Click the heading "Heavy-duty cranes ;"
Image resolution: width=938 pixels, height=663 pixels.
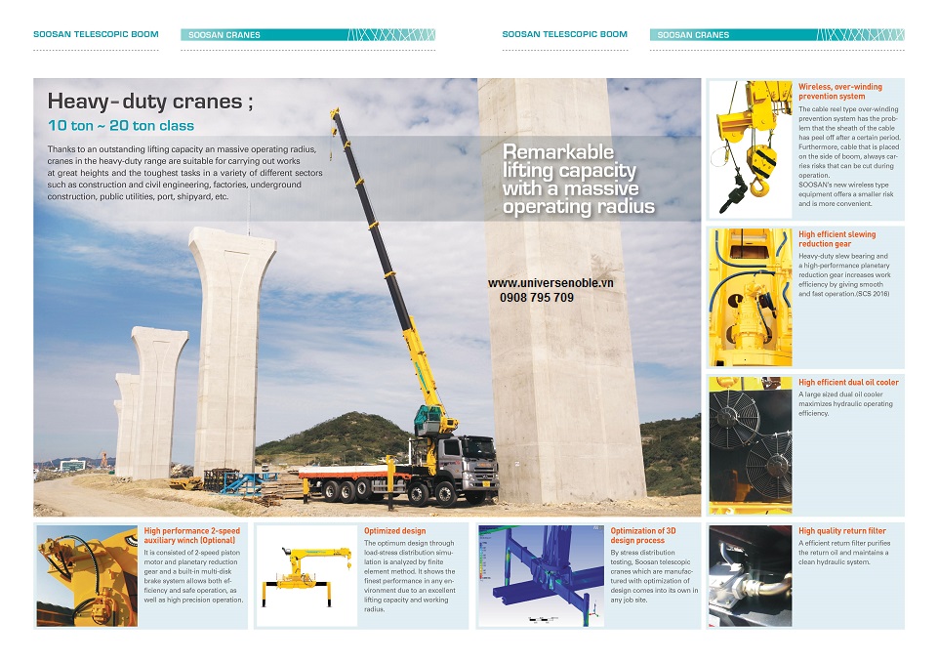point(144,102)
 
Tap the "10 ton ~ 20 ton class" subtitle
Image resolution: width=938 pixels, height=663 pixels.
point(121,126)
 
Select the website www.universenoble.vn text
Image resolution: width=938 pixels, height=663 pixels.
point(551,283)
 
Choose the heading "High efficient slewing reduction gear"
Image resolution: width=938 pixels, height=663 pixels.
point(836,239)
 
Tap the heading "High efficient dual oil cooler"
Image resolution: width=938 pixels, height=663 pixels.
point(848,382)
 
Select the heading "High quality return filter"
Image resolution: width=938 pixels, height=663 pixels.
point(841,531)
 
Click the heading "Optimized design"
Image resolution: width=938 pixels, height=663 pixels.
point(388,531)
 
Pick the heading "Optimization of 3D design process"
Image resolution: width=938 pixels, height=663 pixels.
point(642,535)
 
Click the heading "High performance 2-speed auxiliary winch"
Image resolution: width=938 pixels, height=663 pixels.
point(191,535)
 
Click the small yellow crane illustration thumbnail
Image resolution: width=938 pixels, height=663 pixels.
point(306,576)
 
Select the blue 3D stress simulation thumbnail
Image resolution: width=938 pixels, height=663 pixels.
point(539,576)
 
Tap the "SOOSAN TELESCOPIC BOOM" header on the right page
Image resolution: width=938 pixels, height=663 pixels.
point(564,34)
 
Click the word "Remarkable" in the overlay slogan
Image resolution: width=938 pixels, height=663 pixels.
point(557,152)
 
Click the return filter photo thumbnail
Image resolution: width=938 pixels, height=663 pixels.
point(750,576)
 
